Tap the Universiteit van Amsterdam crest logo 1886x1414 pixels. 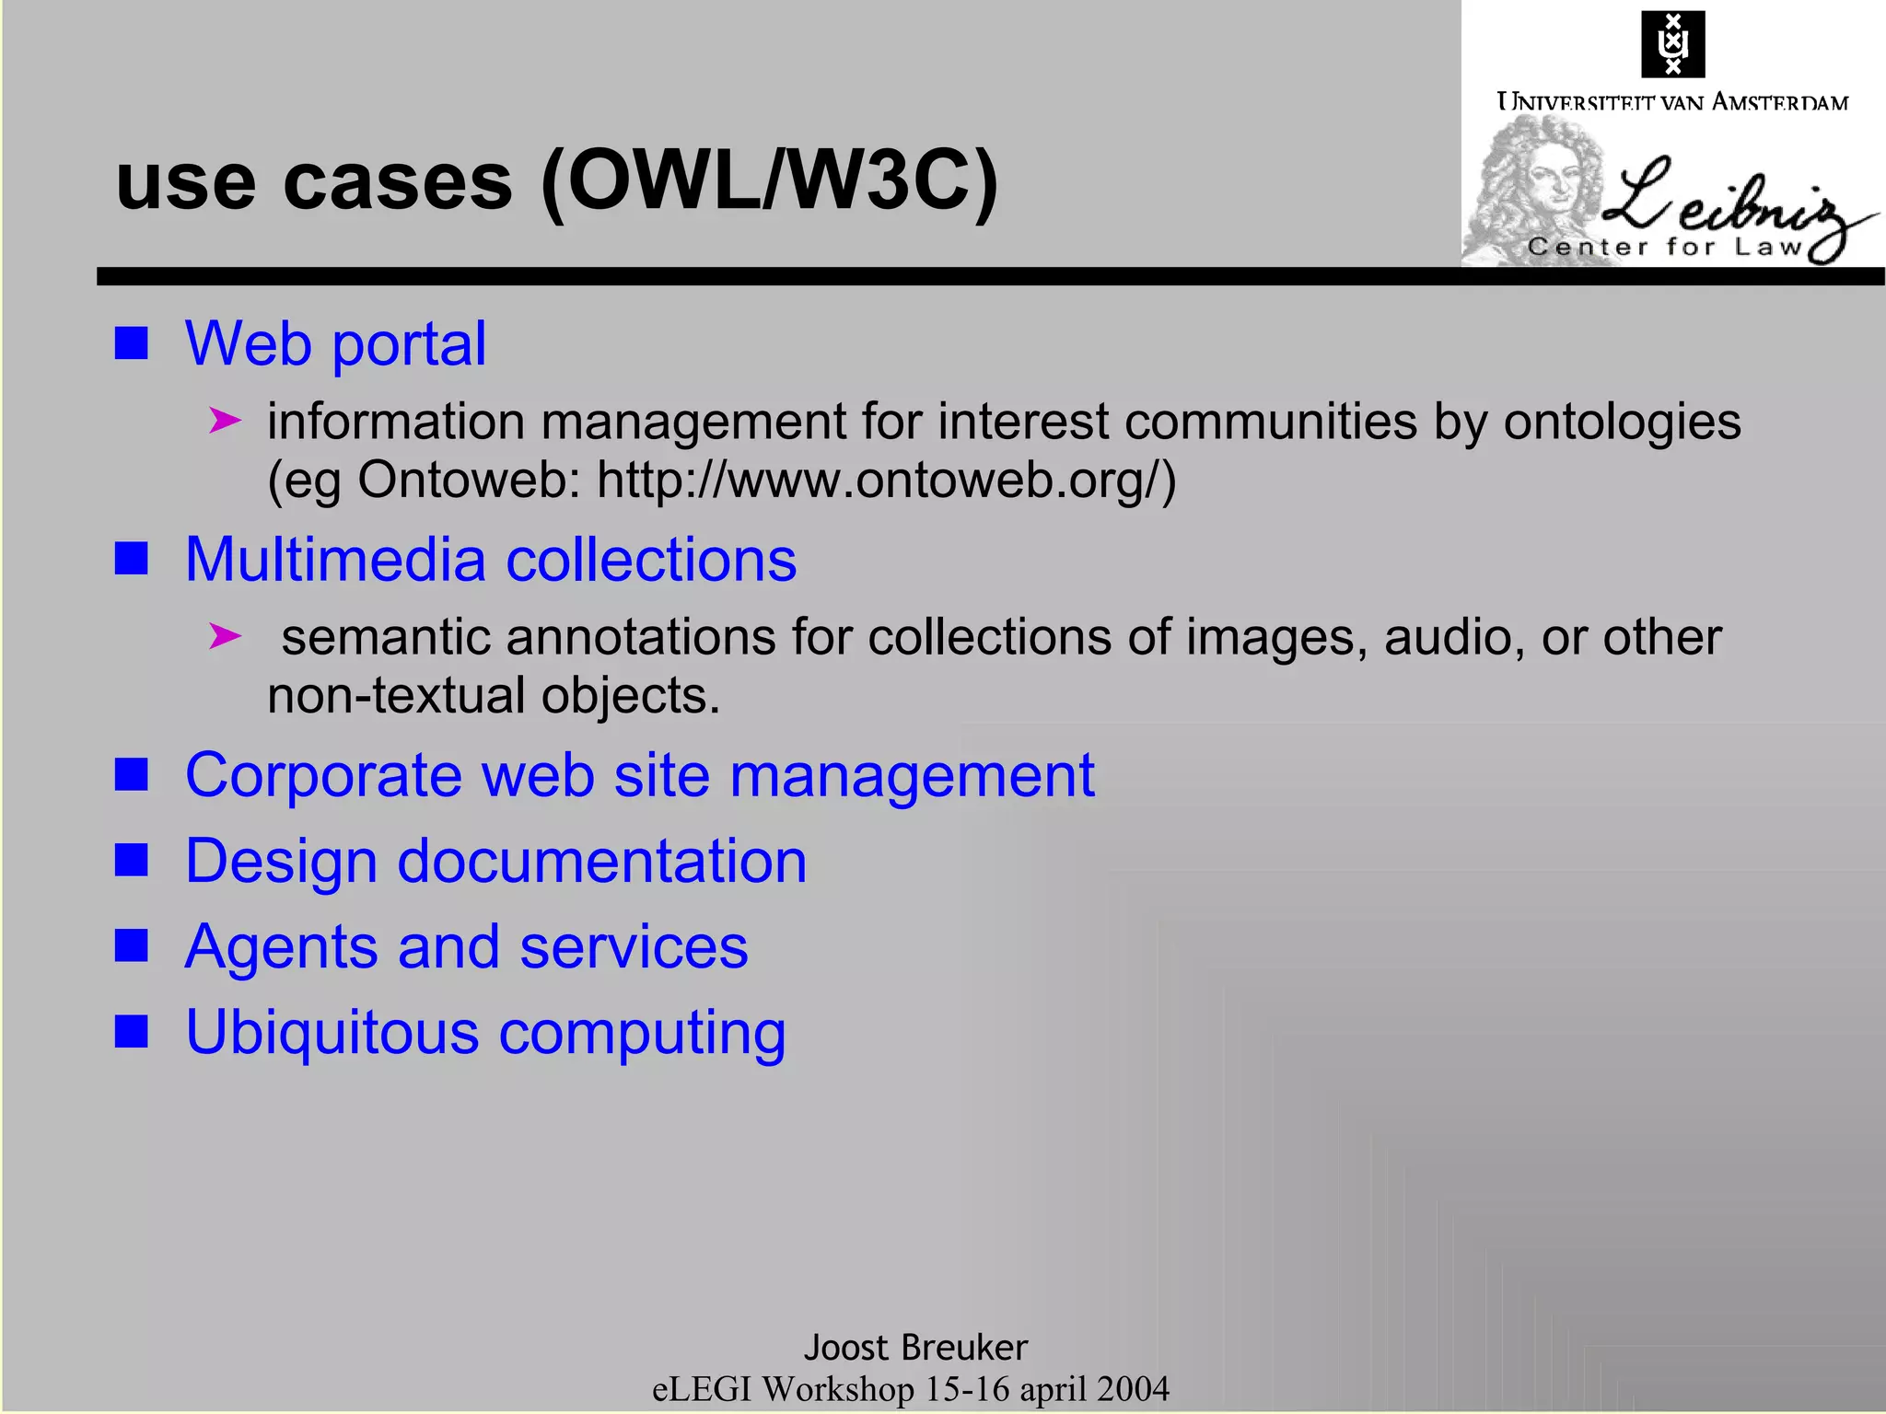click(1672, 44)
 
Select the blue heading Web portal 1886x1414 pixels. click(335, 343)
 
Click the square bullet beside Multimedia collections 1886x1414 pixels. click(132, 558)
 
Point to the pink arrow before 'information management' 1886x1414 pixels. click(225, 422)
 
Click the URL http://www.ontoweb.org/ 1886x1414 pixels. click(885, 480)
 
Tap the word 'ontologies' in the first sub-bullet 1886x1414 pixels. click(1622, 422)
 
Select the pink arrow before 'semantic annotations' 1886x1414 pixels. click(225, 636)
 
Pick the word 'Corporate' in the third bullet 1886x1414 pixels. click(323, 775)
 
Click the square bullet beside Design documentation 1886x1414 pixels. click(132, 861)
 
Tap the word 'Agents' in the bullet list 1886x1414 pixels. click(281, 947)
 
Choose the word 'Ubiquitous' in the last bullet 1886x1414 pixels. click(332, 1032)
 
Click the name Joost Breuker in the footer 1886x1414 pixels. click(915, 1348)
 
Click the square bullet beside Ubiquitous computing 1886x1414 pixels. click(132, 1032)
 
